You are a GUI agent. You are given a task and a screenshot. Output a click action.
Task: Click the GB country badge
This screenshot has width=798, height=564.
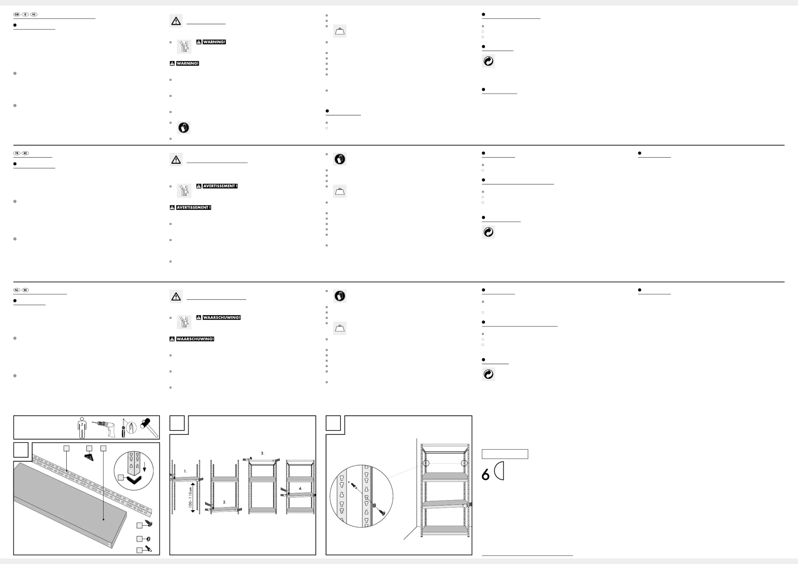click(x=17, y=15)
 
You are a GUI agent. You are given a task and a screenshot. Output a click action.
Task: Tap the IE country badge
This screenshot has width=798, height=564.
click(x=25, y=15)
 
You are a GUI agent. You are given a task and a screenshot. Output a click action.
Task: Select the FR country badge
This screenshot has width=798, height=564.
click(x=17, y=153)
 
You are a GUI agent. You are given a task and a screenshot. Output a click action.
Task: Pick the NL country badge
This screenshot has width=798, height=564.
click(x=17, y=290)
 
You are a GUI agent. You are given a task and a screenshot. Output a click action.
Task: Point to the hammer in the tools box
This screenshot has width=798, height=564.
click(x=149, y=427)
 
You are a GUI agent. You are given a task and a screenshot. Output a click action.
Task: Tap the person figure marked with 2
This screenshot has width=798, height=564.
click(x=82, y=428)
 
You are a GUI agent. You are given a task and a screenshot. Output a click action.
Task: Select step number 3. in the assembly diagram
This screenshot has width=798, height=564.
click(x=262, y=453)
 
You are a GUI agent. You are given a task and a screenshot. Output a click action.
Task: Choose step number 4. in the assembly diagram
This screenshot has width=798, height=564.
click(x=300, y=488)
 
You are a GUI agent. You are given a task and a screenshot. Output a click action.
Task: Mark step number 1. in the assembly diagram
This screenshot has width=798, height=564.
click(x=185, y=471)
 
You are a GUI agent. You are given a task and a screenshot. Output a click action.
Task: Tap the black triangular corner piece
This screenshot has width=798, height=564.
click(x=89, y=457)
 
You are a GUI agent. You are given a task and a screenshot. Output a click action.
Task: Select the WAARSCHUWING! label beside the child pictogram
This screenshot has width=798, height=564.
click(x=221, y=318)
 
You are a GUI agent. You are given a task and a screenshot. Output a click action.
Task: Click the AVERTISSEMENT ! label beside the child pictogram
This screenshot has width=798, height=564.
click(x=220, y=186)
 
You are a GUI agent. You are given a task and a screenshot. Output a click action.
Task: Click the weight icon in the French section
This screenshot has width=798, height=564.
click(x=340, y=191)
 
